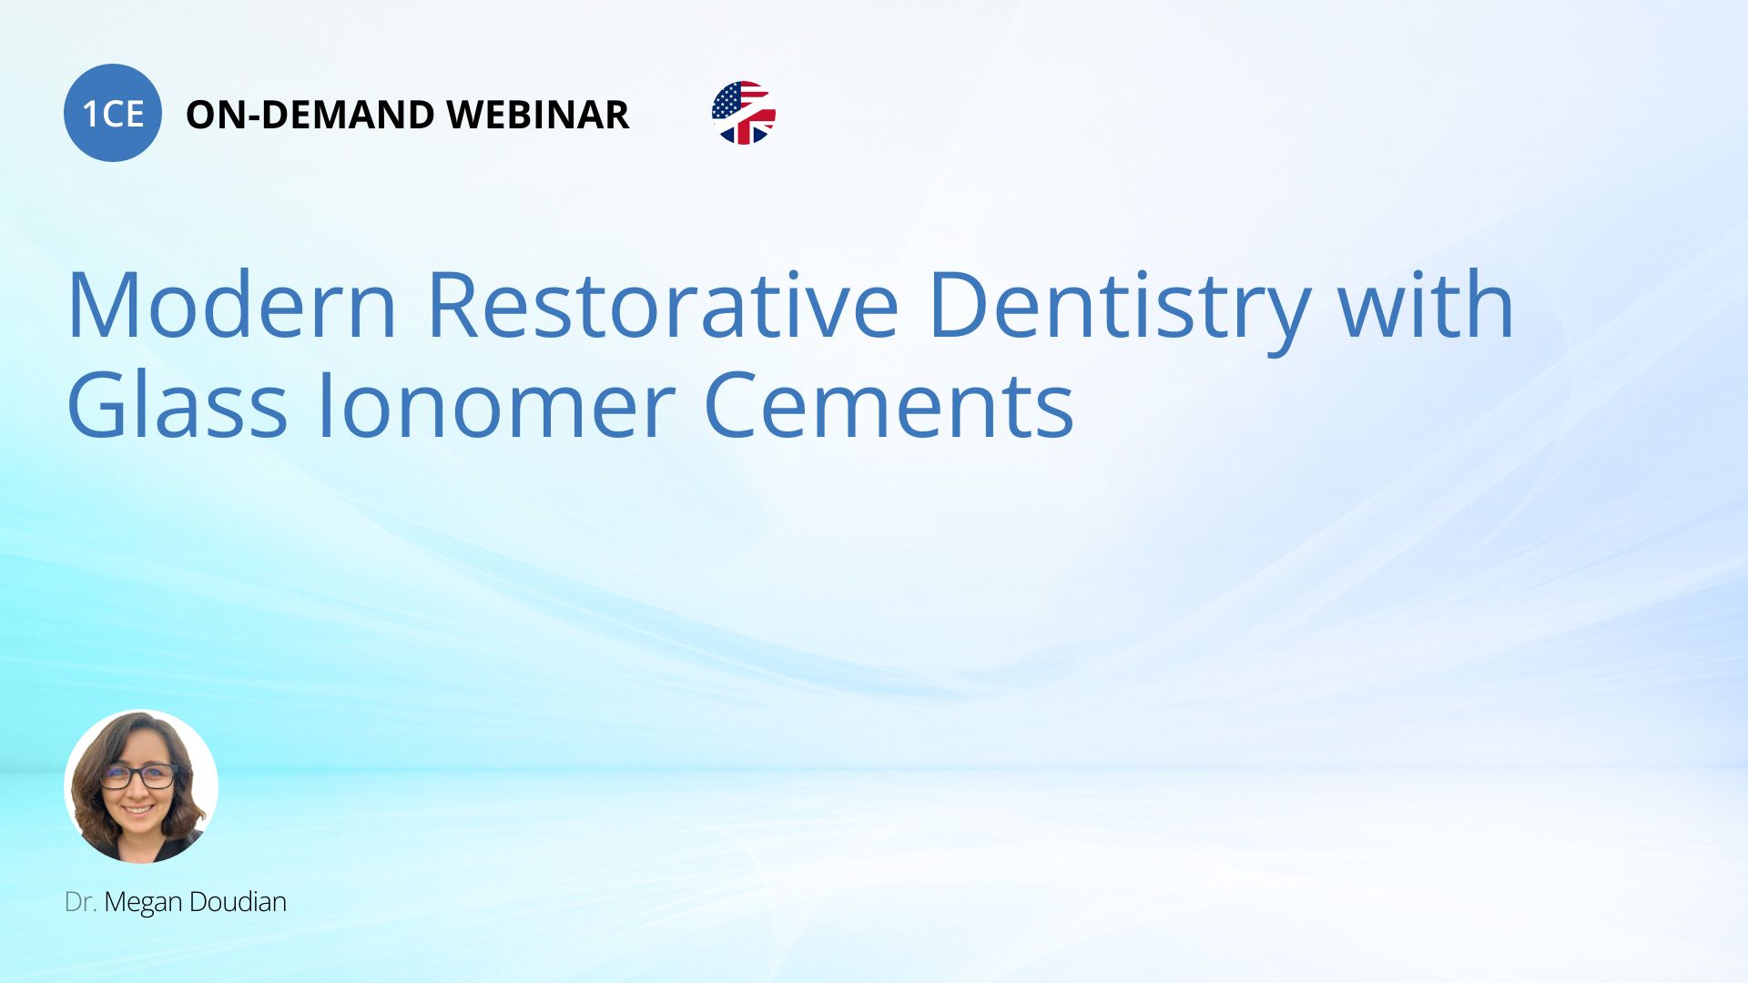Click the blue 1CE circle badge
(x=113, y=113)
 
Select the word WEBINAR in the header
(x=538, y=115)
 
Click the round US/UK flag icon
(x=744, y=113)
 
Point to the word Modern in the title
(x=232, y=305)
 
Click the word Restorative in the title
(x=663, y=305)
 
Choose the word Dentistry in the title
(x=1119, y=309)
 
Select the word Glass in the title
(x=178, y=404)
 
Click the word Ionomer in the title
(x=495, y=406)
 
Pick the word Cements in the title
(x=889, y=406)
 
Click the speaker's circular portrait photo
(x=141, y=786)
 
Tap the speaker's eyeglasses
(x=138, y=776)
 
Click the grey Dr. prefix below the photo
(x=80, y=902)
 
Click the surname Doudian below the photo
(x=238, y=902)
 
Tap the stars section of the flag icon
(x=727, y=100)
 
